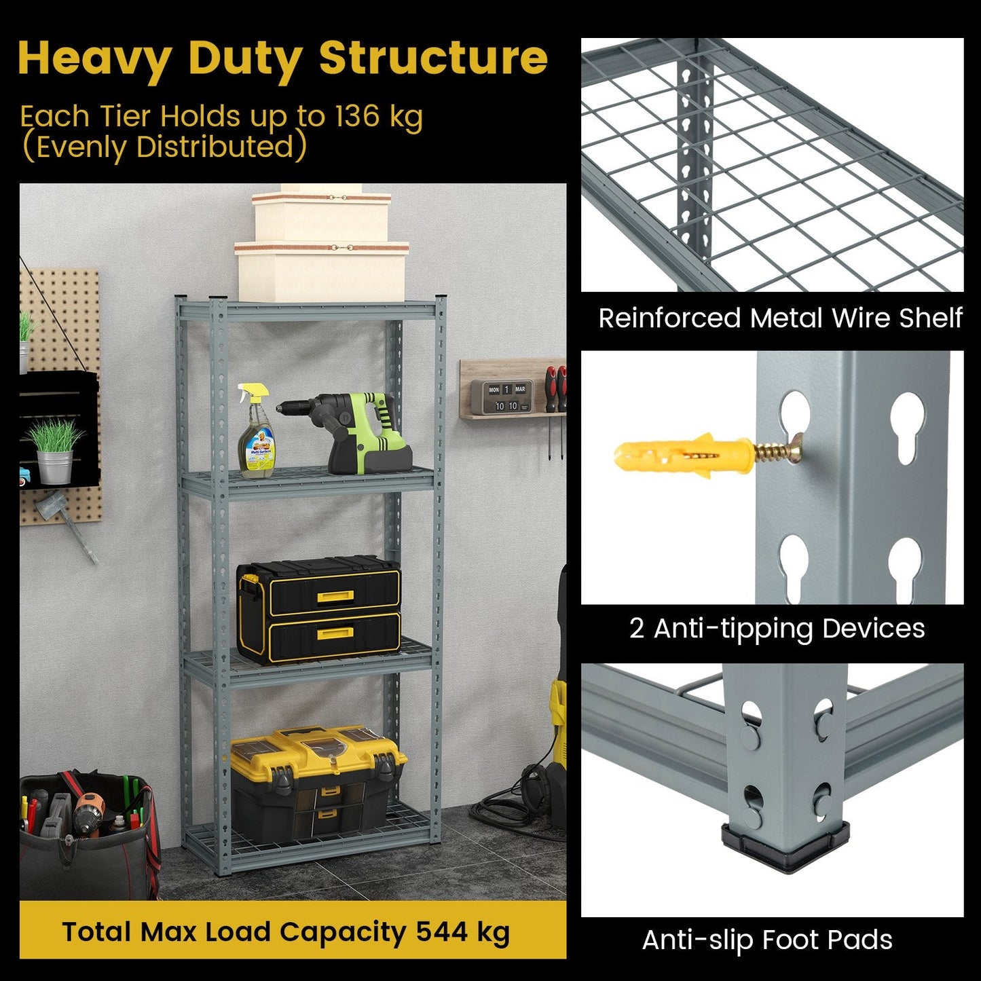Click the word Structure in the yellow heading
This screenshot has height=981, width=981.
pyautogui.click(x=432, y=58)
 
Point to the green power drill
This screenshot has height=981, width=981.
pyautogui.click(x=353, y=431)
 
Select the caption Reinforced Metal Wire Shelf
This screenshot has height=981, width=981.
pyautogui.click(x=780, y=318)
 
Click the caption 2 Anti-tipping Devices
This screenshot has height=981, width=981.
pyautogui.click(x=777, y=628)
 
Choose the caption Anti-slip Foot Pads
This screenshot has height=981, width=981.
pyautogui.click(x=767, y=940)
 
